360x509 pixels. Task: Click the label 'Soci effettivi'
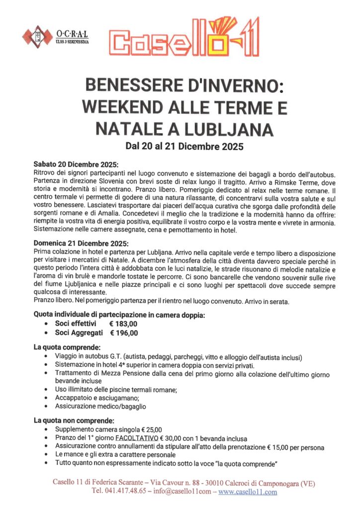coord(75,324)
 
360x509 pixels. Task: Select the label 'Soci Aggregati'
coord(79,333)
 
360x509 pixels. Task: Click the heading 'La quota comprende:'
coord(67,346)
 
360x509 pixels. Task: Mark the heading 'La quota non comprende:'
coord(74,420)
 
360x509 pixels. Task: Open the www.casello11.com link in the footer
coord(248,492)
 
